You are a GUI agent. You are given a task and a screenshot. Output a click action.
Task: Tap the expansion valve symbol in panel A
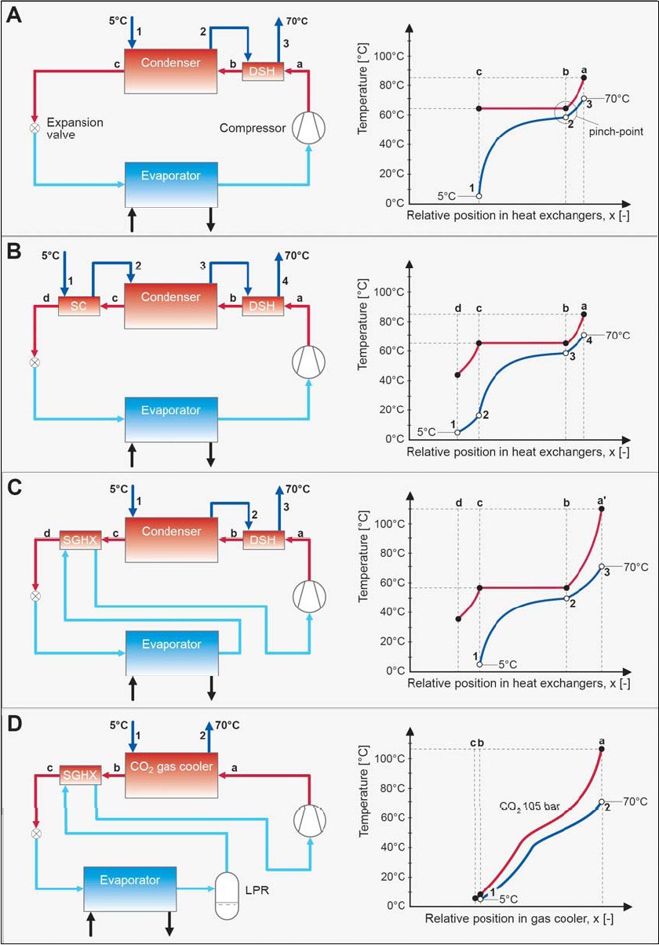(x=35, y=127)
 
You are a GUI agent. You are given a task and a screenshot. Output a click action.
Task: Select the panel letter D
(x=13, y=721)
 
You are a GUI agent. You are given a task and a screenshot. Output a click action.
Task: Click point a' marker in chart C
(x=602, y=509)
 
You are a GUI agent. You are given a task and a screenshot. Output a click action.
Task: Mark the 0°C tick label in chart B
(x=391, y=438)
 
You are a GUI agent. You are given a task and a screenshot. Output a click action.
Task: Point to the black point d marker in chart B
(x=458, y=375)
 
